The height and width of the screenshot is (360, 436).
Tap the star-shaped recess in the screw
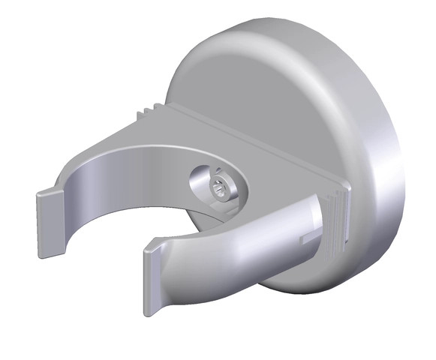pyautogui.click(x=218, y=188)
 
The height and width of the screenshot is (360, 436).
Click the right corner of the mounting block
pyautogui.click(x=347, y=187)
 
